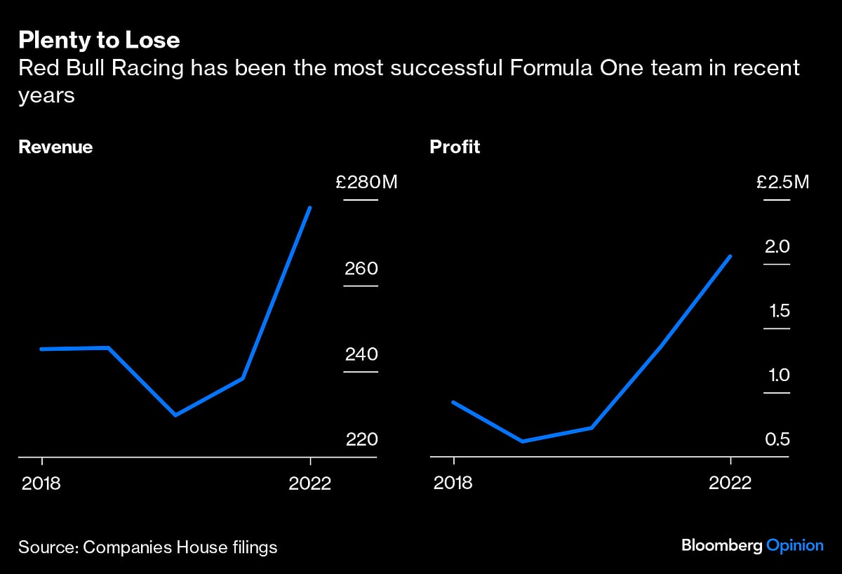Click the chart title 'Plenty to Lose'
click(x=99, y=40)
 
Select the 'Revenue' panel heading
click(x=55, y=147)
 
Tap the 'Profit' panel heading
click(x=455, y=147)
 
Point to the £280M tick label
click(x=366, y=183)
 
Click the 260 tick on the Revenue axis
click(x=361, y=269)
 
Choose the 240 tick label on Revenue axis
click(x=361, y=354)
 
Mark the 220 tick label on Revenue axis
click(x=361, y=439)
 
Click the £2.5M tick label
click(x=782, y=183)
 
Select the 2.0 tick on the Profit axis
click(x=777, y=247)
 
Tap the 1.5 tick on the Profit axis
click(x=777, y=311)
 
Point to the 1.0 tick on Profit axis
click(x=777, y=375)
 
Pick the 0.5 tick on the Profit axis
click(x=777, y=439)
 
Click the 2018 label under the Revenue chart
click(x=41, y=483)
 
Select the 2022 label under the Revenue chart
click(x=309, y=483)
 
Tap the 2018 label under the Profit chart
click(x=453, y=483)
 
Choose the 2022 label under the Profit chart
click(x=730, y=483)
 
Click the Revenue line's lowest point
click(x=175, y=415)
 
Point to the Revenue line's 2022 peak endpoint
click(x=310, y=208)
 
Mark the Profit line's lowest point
click(x=523, y=441)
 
